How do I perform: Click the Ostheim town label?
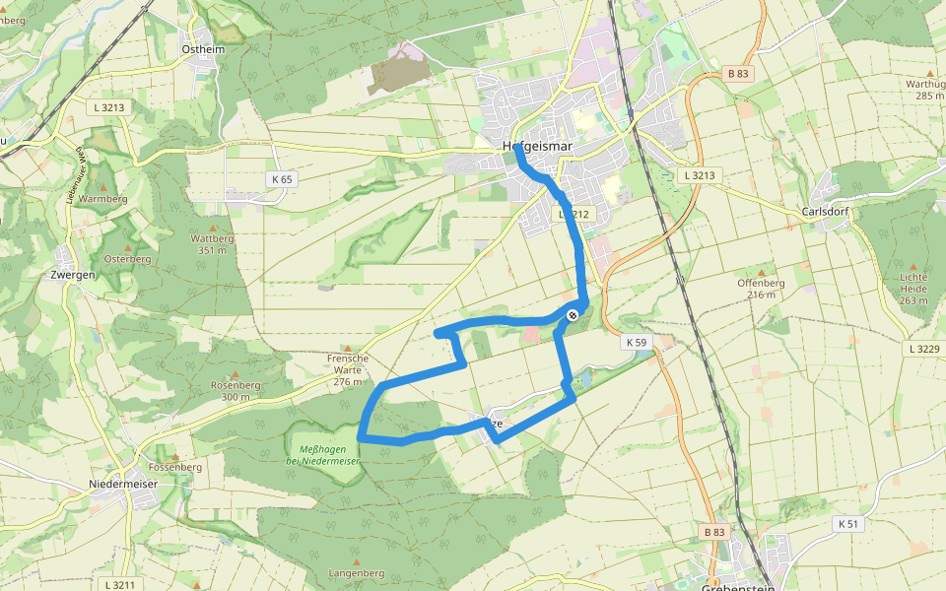(204, 50)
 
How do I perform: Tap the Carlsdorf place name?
(826, 212)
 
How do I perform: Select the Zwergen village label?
(72, 275)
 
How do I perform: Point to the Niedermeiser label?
(123, 485)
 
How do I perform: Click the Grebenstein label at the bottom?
(734, 587)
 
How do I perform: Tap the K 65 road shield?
(282, 179)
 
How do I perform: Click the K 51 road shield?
(847, 523)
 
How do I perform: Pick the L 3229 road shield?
(924, 349)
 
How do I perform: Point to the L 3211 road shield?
(118, 585)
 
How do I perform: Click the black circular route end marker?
(573, 314)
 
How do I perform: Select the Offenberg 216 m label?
(761, 288)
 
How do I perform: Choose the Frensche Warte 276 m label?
(350, 369)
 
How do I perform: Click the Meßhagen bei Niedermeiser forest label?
(320, 454)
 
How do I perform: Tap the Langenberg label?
(357, 572)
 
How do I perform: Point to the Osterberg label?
(126, 259)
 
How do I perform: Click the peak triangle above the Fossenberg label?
(175, 456)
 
